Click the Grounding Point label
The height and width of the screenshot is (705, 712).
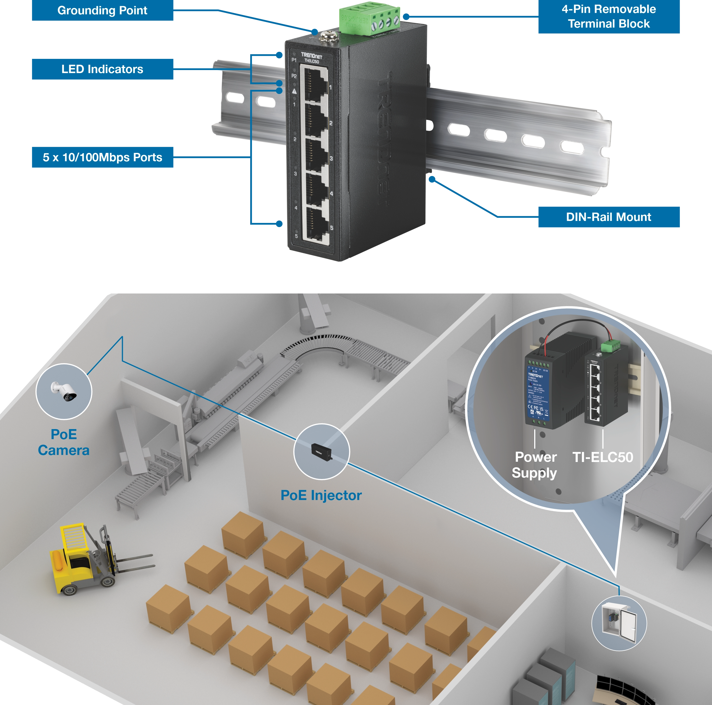(102, 11)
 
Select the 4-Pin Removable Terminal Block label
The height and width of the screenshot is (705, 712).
(608, 16)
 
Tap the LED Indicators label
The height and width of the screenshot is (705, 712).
(102, 69)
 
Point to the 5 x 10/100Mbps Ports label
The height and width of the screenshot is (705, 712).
(102, 158)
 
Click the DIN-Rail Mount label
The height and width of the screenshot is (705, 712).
(608, 217)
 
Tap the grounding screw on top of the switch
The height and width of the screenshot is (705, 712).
(326, 36)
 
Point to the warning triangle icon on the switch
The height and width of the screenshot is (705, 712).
(294, 91)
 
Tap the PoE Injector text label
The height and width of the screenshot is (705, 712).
(321, 495)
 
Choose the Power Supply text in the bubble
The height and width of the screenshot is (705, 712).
(535, 465)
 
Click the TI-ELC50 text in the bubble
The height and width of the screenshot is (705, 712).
(603, 457)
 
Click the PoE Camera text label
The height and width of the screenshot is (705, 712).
(64, 442)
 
